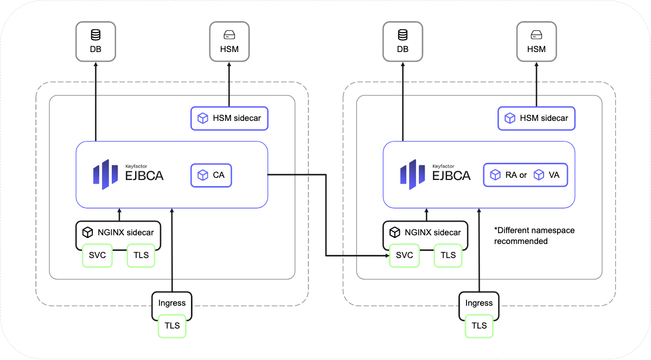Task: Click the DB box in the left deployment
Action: click(x=95, y=41)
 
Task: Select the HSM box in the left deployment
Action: click(x=229, y=41)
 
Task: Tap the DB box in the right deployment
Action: click(x=403, y=41)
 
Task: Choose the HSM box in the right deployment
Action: click(x=536, y=41)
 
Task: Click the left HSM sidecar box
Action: click(x=229, y=118)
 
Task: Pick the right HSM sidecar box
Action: click(x=537, y=118)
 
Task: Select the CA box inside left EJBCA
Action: click(x=211, y=175)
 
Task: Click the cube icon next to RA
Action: click(x=495, y=175)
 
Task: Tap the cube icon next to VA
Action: click(x=539, y=175)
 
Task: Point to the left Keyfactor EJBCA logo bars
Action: click(x=105, y=175)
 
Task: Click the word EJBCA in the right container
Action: click(x=451, y=176)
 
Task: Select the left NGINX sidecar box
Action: click(x=118, y=233)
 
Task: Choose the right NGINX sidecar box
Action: click(x=425, y=233)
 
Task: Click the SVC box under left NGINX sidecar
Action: click(x=97, y=255)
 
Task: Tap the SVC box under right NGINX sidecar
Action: click(x=404, y=255)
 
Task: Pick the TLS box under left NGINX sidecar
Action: click(x=141, y=255)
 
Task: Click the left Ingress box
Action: click(x=172, y=303)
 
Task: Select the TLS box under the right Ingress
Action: click(x=479, y=326)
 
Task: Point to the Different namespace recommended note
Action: click(x=534, y=236)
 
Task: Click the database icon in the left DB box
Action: click(x=95, y=35)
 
